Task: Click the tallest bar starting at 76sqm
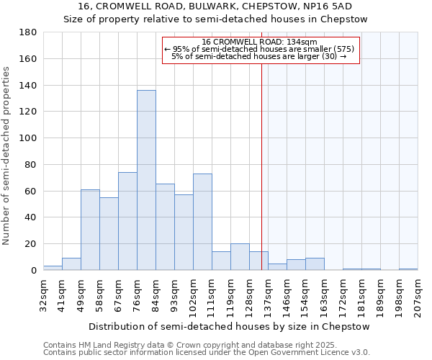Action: [x=146, y=180]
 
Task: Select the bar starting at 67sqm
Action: [x=127, y=221]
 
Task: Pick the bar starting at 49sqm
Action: [x=90, y=230]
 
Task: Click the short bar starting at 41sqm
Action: [x=71, y=264]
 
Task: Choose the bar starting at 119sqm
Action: [x=240, y=257]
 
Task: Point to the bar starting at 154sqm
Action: [x=315, y=264]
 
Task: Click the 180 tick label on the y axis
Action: [x=28, y=32]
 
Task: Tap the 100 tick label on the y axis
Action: [x=28, y=138]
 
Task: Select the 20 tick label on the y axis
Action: [x=31, y=244]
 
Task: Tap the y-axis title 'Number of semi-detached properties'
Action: [x=7, y=156]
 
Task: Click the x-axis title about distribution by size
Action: [x=230, y=326]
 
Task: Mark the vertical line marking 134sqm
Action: [x=261, y=166]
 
